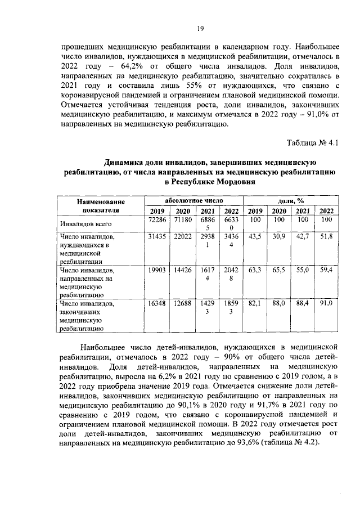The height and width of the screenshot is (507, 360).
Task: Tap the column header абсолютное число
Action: pyautogui.click(x=193, y=200)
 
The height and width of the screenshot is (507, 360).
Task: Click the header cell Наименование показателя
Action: pyautogui.click(x=102, y=205)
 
